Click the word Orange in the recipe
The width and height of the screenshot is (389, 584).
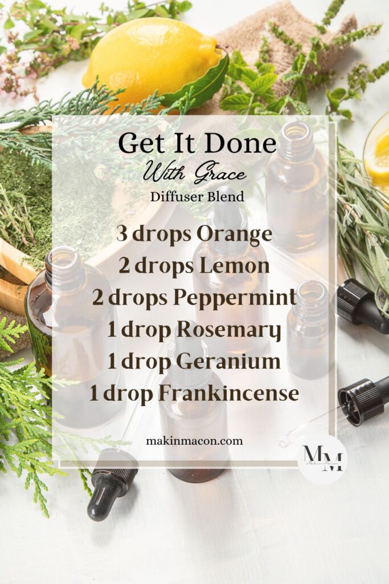[x=235, y=234]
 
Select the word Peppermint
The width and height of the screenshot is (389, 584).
[x=248, y=298]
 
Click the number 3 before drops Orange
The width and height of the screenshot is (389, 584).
[x=121, y=234]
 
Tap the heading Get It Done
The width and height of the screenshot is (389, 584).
[x=197, y=144]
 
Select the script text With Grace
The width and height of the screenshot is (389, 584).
[x=195, y=173]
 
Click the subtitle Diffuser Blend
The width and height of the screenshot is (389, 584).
[x=197, y=197]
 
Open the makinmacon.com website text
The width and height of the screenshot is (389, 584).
[x=194, y=440]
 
